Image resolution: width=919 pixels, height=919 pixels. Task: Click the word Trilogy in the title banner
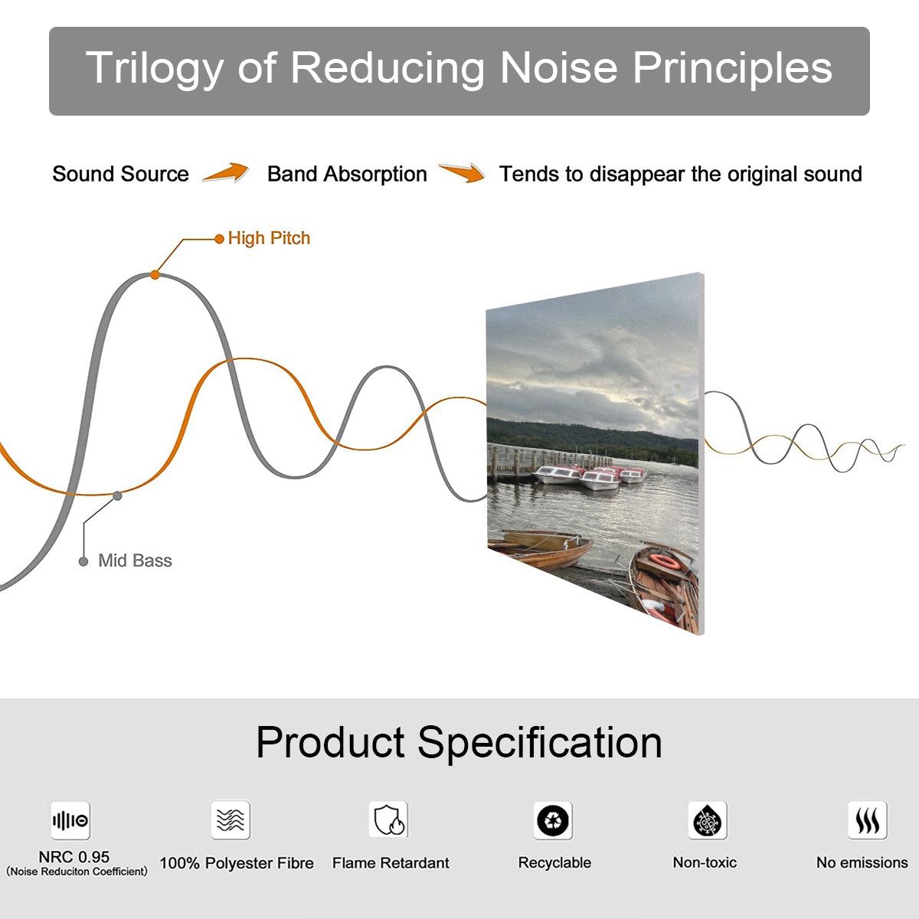(x=155, y=70)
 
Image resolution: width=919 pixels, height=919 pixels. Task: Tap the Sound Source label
(x=121, y=174)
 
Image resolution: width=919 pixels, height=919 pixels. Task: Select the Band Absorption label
(x=347, y=174)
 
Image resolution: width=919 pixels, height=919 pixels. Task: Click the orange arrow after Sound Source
(x=226, y=172)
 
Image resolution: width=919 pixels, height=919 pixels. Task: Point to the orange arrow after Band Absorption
(x=462, y=172)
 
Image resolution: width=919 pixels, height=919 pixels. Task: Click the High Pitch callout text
(x=269, y=238)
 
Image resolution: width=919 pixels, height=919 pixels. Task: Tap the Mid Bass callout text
(x=135, y=561)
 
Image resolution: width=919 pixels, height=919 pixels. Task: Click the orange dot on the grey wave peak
(x=155, y=275)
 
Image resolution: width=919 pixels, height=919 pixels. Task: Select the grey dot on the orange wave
(x=117, y=496)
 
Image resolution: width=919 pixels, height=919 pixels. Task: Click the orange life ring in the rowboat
(x=665, y=562)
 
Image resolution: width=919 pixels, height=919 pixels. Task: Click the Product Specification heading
(x=459, y=743)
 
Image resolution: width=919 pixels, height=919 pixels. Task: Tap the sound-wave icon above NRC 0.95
(x=70, y=820)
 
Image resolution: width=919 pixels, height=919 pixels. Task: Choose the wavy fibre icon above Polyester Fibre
(x=231, y=819)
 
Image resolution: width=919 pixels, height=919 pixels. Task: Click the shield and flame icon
(x=388, y=819)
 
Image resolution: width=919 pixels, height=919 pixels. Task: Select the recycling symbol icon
(x=553, y=820)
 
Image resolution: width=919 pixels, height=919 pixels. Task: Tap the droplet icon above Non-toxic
(x=708, y=820)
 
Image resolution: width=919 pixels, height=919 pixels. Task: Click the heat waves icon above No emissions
(x=868, y=819)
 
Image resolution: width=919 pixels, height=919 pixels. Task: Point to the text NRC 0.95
(x=74, y=857)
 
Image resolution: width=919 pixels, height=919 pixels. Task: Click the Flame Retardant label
(x=391, y=863)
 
